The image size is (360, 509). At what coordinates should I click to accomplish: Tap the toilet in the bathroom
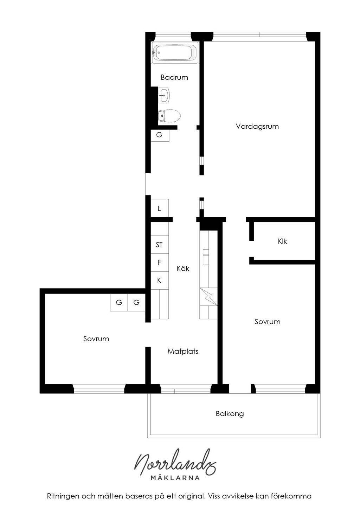point(169,116)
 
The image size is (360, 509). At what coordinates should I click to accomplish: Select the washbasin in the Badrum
point(163,96)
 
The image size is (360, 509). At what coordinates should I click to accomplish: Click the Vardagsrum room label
point(257,126)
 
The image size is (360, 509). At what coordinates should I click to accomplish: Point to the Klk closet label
point(282,241)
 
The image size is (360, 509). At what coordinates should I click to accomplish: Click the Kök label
point(183,268)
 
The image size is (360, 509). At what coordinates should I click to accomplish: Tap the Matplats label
point(183,351)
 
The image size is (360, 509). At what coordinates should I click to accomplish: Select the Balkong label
point(230,413)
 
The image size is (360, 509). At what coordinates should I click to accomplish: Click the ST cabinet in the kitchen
point(160,245)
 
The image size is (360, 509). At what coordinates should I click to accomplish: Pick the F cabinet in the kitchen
point(160,263)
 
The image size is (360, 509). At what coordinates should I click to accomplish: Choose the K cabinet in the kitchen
point(160,281)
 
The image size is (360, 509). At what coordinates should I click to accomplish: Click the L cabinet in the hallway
point(160,208)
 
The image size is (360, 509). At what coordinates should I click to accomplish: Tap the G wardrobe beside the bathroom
point(160,135)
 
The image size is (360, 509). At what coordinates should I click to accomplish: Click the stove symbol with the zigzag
point(208,297)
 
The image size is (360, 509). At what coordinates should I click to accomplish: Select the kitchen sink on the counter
point(206,257)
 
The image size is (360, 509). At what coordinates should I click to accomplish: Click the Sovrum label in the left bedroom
point(96,339)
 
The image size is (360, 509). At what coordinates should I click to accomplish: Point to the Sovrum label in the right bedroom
point(268,322)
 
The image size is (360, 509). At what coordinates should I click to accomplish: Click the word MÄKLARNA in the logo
point(175,478)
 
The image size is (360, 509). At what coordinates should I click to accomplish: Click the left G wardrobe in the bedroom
point(119,302)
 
